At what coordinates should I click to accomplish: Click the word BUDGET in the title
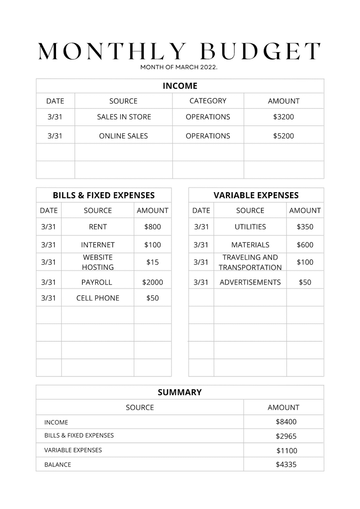click(x=260, y=51)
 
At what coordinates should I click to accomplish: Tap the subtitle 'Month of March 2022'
click(x=179, y=67)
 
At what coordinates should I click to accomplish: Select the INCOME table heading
click(x=180, y=86)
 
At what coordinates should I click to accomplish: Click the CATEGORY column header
click(x=208, y=101)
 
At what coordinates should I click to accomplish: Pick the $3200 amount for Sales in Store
click(x=284, y=117)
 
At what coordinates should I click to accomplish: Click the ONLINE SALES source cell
click(x=124, y=136)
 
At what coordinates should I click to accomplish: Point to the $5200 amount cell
click(x=284, y=136)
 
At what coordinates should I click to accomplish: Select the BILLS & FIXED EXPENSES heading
click(x=104, y=196)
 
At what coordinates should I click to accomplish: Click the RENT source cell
click(x=98, y=227)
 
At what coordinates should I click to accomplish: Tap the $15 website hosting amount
click(x=152, y=262)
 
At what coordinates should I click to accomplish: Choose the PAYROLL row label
click(x=97, y=282)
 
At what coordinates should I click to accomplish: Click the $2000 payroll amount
click(x=152, y=282)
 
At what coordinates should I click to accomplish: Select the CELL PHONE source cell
click(x=98, y=298)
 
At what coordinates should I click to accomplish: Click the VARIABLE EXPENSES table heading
click(x=256, y=196)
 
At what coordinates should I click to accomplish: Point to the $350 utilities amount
click(x=305, y=227)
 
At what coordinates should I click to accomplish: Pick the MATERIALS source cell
click(x=250, y=245)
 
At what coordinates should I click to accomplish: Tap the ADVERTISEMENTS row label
click(x=250, y=282)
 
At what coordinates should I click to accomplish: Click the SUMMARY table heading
click(x=180, y=392)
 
